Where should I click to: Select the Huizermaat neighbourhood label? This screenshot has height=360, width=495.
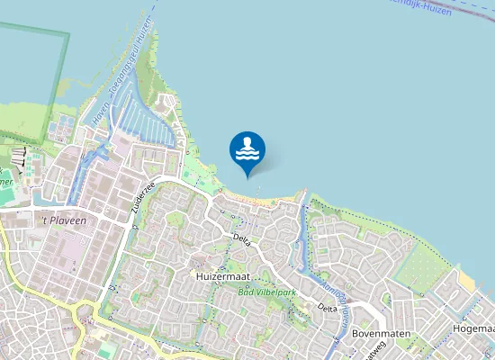[221, 277]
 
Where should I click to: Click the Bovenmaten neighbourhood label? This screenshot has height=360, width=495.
[382, 333]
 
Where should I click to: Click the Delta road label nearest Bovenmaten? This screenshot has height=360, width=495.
[327, 308]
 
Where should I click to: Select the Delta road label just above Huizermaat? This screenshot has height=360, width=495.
[240, 238]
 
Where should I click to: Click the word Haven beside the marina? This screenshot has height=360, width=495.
[100, 114]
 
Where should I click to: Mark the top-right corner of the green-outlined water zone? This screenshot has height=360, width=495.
[68, 34]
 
